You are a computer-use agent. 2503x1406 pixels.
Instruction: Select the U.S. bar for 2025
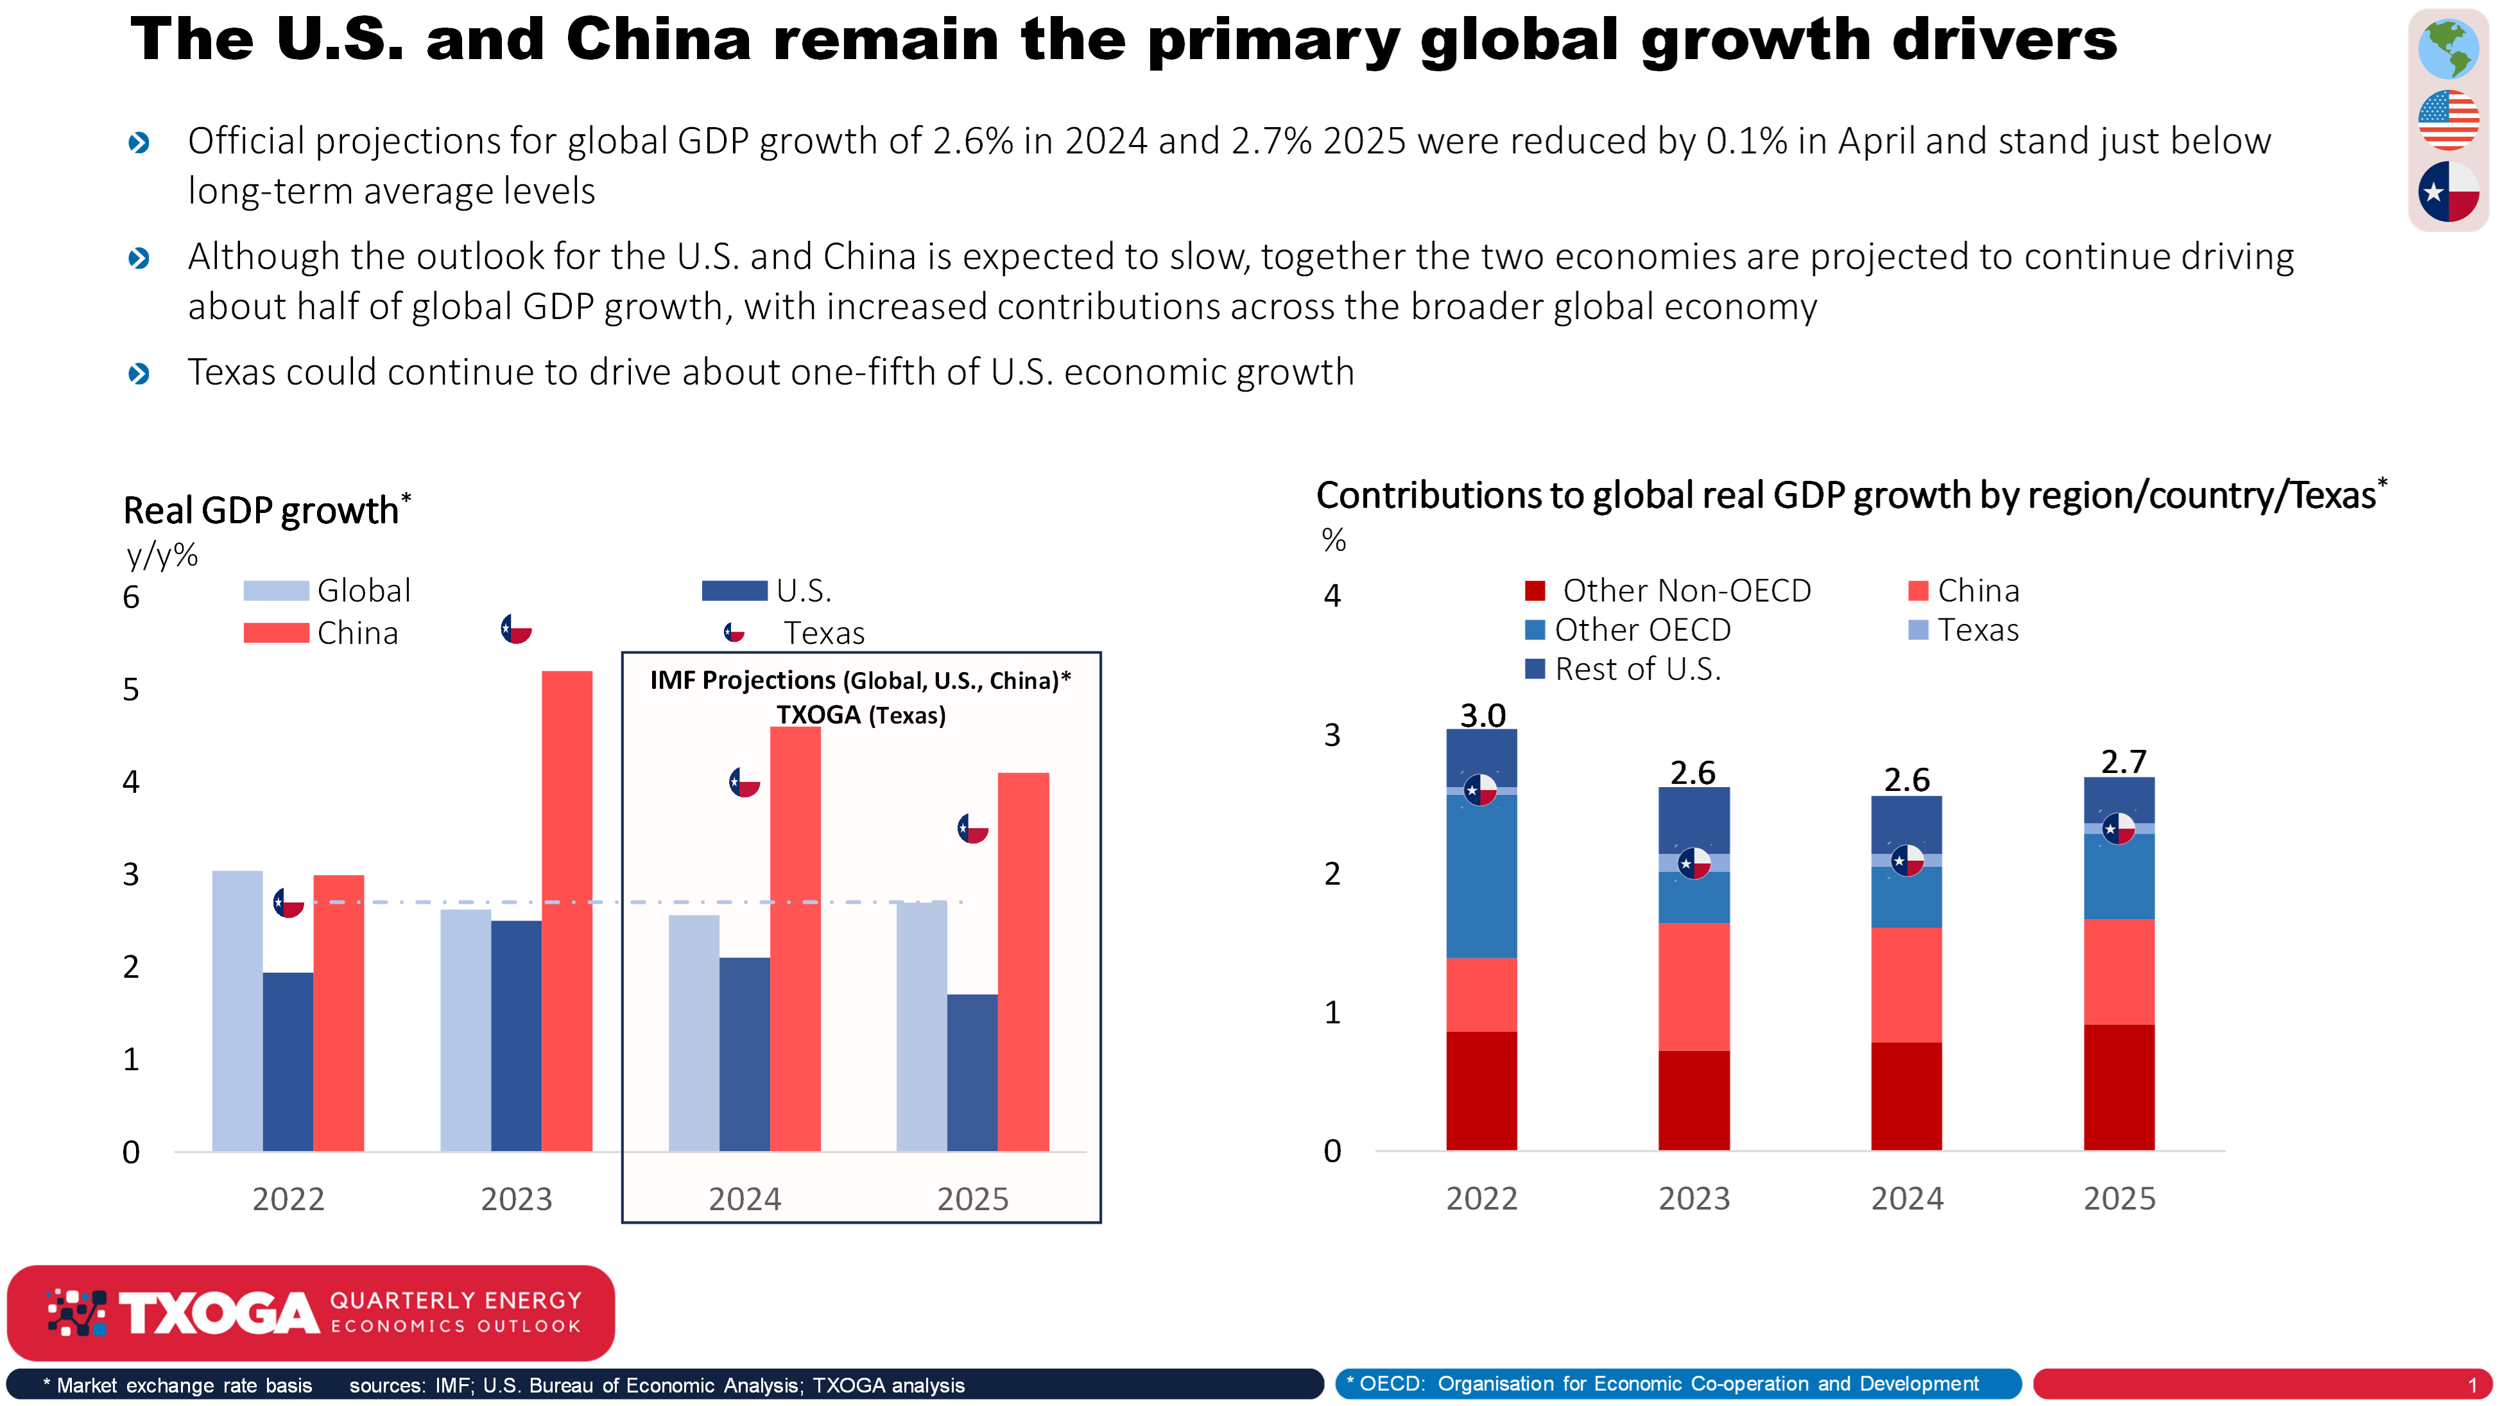972,1073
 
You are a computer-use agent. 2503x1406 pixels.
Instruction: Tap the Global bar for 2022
237,1011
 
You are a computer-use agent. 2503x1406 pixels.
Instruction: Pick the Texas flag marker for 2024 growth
745,782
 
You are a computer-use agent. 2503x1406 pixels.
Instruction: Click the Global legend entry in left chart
327,590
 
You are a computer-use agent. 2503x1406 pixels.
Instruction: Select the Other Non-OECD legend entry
1668,590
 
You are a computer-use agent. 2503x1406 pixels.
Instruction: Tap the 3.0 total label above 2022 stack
1483,714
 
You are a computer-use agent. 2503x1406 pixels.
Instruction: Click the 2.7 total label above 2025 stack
2123,761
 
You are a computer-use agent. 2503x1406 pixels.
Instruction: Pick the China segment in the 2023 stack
1694,986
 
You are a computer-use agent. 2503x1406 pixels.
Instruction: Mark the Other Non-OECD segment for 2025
2119,1088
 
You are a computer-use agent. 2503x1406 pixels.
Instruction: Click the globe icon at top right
2448,49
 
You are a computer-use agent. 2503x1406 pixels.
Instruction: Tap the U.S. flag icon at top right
2448,119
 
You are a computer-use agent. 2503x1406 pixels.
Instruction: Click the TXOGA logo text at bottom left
219,1314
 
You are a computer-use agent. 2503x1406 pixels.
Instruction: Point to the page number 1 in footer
2473,1385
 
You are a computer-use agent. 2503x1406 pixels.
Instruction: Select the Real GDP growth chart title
261,510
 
